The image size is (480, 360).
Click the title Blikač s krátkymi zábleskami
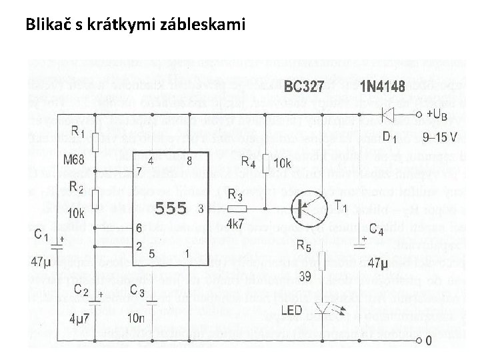coord(135,25)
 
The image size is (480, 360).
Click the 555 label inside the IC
coord(171,208)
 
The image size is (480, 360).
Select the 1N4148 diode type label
coord(382,87)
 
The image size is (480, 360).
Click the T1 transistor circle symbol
coord(309,209)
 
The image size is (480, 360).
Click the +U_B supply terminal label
coord(443,115)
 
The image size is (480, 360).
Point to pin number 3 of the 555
coord(201,209)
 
